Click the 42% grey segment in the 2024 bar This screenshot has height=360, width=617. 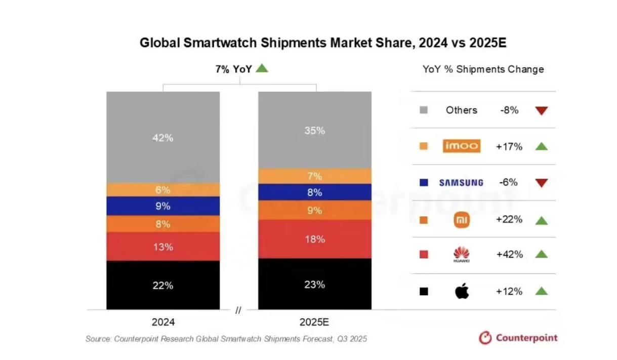163,137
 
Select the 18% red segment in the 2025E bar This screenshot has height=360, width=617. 315,239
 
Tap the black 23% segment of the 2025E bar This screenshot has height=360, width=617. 315,284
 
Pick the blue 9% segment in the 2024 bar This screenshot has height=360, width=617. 163,206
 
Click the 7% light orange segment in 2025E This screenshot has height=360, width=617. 315,176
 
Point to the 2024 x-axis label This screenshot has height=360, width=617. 163,322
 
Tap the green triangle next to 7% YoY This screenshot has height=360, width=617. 262,68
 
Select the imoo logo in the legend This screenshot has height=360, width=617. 461,146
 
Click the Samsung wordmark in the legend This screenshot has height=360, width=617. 461,183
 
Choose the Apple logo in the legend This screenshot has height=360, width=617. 462,291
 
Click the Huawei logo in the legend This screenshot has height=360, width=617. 462,255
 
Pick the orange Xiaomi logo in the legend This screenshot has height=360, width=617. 462,220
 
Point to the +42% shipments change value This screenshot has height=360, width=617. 509,255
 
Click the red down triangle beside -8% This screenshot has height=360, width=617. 542,110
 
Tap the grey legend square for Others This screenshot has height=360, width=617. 424,110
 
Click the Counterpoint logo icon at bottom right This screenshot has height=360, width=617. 485,338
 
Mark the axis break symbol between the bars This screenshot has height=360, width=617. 238,310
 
